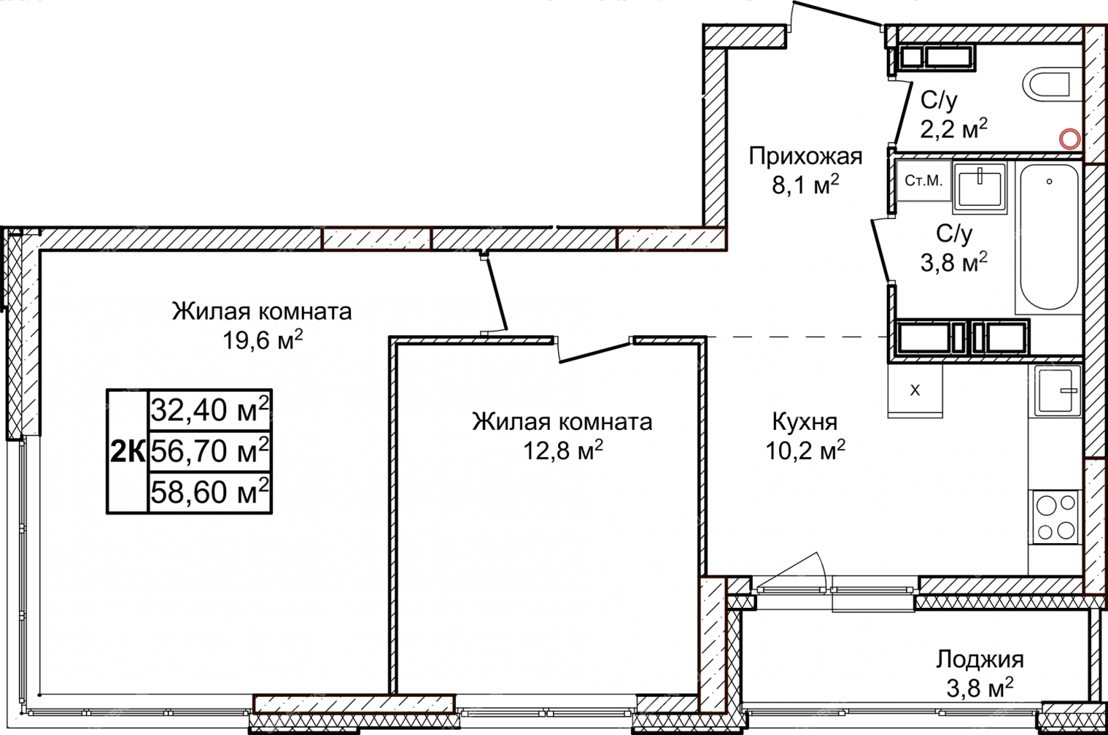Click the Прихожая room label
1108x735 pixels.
(x=805, y=157)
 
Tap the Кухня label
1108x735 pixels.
(x=805, y=422)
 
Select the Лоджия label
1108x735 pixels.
(x=980, y=660)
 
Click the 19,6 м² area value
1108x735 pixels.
(x=263, y=340)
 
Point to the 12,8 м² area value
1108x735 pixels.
(x=563, y=451)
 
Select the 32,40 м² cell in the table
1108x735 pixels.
(x=210, y=409)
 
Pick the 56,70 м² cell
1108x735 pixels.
(x=210, y=451)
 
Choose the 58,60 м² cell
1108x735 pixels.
(x=210, y=492)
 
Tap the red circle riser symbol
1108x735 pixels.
(x=1069, y=139)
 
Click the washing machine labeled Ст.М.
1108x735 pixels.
(x=923, y=181)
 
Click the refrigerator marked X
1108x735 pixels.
(x=915, y=391)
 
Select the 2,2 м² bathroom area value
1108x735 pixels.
(x=954, y=129)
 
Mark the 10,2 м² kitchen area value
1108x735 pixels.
(x=805, y=451)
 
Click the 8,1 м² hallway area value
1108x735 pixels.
(x=805, y=185)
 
